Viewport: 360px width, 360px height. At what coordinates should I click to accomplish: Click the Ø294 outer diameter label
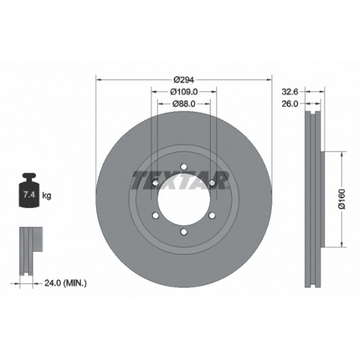coord(184,79)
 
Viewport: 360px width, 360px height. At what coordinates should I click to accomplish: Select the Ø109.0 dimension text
coord(184,92)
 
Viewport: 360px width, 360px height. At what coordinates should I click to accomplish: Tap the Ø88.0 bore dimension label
coord(184,104)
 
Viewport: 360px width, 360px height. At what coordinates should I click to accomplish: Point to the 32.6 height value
coord(290,92)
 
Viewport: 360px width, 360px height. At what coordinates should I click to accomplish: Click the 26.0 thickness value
coord(290,104)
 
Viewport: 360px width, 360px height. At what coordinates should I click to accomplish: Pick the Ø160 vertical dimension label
coord(342,199)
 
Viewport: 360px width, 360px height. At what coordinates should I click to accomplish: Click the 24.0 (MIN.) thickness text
coord(66,283)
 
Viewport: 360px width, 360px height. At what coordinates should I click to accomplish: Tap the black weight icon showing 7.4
coord(29,190)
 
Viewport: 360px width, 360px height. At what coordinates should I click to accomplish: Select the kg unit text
coord(47,196)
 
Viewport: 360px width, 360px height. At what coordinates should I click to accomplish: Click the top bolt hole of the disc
coord(183,166)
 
